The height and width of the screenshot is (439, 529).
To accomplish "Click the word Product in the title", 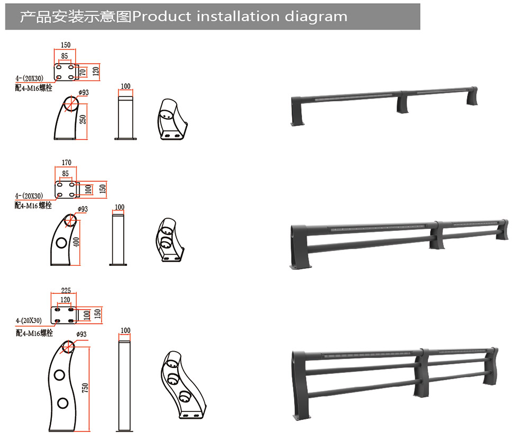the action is pyautogui.click(x=162, y=16).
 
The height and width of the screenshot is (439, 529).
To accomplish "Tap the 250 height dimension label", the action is pyautogui.click(x=83, y=119).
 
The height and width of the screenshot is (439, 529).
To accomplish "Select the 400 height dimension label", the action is pyautogui.click(x=76, y=242).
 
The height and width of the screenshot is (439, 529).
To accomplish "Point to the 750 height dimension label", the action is pyautogui.click(x=85, y=388).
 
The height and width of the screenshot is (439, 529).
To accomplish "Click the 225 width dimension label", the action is pyautogui.click(x=66, y=290).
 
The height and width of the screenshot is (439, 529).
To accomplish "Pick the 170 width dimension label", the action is pyautogui.click(x=67, y=163).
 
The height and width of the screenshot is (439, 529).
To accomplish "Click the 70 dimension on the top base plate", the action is pyautogui.click(x=83, y=72).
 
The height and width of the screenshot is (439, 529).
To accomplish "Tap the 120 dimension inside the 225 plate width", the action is pyautogui.click(x=65, y=300).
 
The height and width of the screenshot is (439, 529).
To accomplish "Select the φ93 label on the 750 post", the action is pyautogui.click(x=81, y=334).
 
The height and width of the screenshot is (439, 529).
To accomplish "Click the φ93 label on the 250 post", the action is pyautogui.click(x=84, y=93).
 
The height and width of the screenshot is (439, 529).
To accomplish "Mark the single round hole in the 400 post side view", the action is pyautogui.click(x=61, y=243).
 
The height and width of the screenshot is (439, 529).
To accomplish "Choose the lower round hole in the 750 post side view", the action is pyautogui.click(x=62, y=403).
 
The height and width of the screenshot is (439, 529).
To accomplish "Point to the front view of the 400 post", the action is pyautogui.click(x=118, y=238).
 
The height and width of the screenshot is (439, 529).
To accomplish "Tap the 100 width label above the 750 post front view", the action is pyautogui.click(x=125, y=330).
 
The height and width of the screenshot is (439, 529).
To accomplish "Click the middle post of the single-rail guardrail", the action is pyautogui.click(x=402, y=102).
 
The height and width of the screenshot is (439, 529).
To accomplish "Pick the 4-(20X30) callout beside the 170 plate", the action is pyautogui.click(x=29, y=196).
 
